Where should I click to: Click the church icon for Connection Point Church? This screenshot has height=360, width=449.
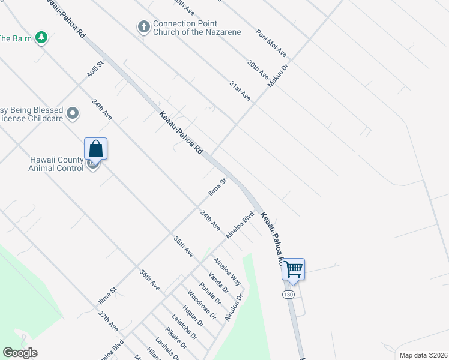coord(143,26)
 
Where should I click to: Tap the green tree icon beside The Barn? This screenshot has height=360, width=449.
coord(41,38)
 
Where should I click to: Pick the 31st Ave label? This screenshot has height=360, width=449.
coord(240,91)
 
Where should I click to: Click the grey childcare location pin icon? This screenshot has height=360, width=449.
coord(73,113)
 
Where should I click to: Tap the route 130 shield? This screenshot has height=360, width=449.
coord(289,295)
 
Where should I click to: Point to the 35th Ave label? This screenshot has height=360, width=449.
coord(183,248)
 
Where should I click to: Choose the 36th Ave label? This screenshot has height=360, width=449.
coord(149,280)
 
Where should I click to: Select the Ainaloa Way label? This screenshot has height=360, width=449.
coord(227,271)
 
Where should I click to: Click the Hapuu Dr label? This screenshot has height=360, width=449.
coord(193,316)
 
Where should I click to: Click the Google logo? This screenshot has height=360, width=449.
coord(20,353)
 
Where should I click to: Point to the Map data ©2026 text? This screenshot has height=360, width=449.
coord(423,355)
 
